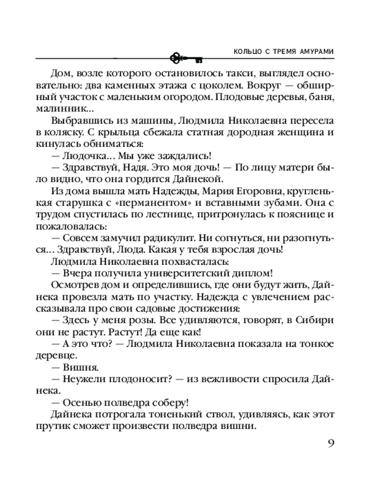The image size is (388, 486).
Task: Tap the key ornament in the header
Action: (x=186, y=58)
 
